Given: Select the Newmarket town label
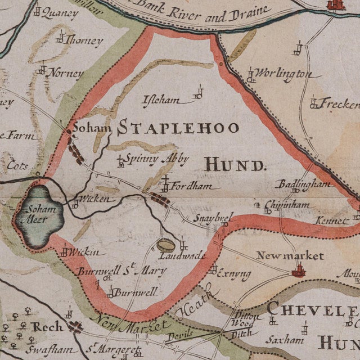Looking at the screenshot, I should (x=290, y=256).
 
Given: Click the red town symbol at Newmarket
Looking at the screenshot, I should (x=298, y=272).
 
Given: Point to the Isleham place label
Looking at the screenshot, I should (x=162, y=101).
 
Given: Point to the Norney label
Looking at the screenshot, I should (x=64, y=73).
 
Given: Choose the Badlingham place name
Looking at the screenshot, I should (x=304, y=184).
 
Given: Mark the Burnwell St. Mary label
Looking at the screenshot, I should (x=121, y=272).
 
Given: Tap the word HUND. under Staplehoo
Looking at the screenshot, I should (x=233, y=165).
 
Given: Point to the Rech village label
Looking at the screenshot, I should (x=47, y=327).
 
